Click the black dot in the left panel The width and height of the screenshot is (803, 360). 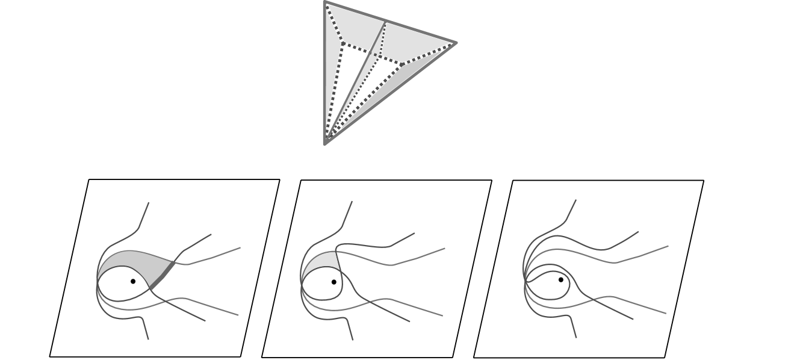coord(133,281)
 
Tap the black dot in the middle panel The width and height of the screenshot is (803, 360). coord(334,282)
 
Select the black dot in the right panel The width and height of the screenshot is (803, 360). coord(561,279)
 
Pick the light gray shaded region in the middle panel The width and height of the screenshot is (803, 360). coord(319,262)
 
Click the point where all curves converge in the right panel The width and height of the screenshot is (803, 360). coord(526,281)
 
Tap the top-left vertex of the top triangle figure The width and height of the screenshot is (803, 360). coord(325,2)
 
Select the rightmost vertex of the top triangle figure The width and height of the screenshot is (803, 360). coord(456,43)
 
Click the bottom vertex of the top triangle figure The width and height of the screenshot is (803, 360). coord(326,143)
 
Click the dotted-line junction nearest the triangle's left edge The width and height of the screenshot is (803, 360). coord(343,43)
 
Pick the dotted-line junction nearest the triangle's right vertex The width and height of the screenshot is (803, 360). coord(402,64)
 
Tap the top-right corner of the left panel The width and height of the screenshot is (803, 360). coord(280,179)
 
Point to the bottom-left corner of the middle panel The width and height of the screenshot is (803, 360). coord(262,357)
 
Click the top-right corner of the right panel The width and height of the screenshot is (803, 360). coord(704,180)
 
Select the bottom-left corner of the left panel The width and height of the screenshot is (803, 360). coord(50,356)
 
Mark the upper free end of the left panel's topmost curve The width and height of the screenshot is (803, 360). coord(149,203)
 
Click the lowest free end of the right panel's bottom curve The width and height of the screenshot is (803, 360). coord(576,337)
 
